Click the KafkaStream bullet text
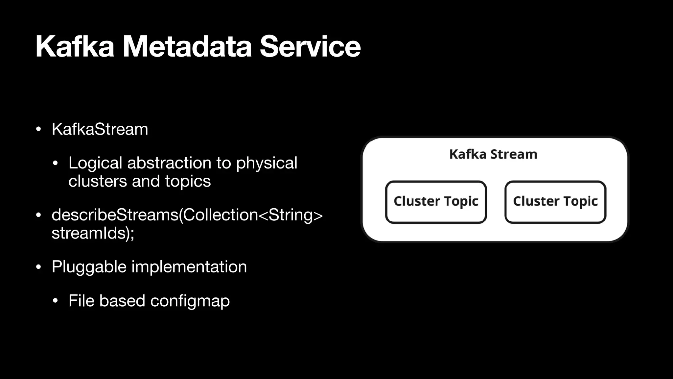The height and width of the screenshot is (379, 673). (x=100, y=129)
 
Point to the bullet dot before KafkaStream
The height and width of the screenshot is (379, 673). (x=38, y=130)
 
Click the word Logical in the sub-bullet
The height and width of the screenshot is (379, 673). (x=95, y=163)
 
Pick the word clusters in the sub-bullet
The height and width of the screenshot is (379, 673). (x=98, y=181)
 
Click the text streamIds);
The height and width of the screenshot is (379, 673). (x=93, y=233)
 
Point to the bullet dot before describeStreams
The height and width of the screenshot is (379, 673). (x=38, y=215)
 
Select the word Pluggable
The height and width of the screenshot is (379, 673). (x=89, y=267)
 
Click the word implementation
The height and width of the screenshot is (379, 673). (x=189, y=267)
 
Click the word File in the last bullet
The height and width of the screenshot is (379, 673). (x=81, y=301)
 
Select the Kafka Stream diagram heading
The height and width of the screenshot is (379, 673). (x=493, y=154)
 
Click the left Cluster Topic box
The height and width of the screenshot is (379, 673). (x=436, y=202)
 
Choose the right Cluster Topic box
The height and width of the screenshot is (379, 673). (x=555, y=202)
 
